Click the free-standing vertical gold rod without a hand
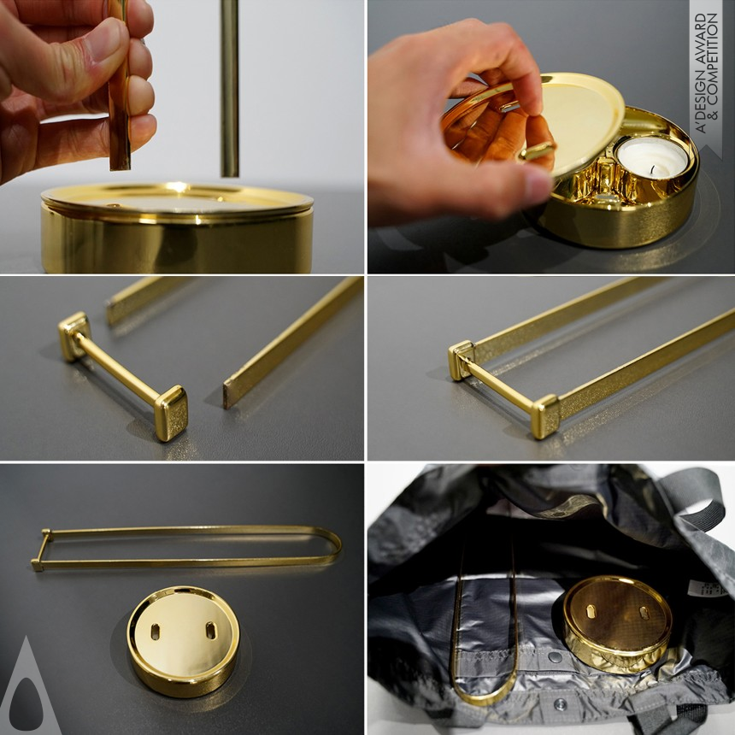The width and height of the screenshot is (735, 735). [x=229, y=85]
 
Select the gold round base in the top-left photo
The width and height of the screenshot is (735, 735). [x=177, y=229]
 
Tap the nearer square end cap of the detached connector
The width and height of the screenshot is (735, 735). [x=171, y=412]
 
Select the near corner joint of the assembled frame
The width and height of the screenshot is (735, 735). [x=545, y=416]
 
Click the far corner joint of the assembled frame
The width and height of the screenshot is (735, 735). [x=462, y=360]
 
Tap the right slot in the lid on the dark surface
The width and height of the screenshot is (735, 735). [x=209, y=632]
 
